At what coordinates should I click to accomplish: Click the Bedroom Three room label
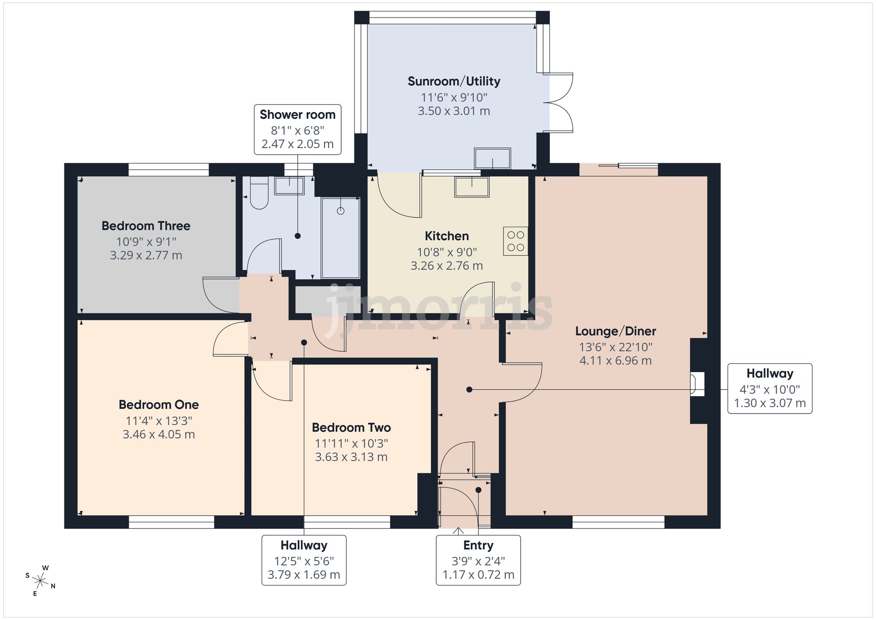point(146,226)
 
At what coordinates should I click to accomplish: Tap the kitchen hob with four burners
point(516,241)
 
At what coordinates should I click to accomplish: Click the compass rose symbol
point(40,581)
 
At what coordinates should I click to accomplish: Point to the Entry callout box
point(478,560)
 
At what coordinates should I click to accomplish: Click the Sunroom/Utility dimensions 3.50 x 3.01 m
point(454,111)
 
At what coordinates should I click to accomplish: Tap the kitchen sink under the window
point(472,187)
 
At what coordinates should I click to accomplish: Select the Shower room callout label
point(297,129)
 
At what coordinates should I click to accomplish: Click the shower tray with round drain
point(340,237)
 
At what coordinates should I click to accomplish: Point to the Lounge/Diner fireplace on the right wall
point(697,384)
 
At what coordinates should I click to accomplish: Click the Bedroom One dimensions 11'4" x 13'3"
point(159,421)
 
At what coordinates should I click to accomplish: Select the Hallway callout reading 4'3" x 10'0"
point(770,388)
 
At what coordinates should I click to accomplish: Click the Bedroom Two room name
point(351,428)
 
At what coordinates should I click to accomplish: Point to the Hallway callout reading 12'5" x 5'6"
point(304,560)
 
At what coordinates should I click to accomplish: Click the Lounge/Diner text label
point(615,331)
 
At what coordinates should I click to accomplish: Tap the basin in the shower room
point(289,186)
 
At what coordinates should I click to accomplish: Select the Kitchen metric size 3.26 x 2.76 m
point(447,266)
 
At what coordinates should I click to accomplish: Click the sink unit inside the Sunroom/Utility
point(492,158)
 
